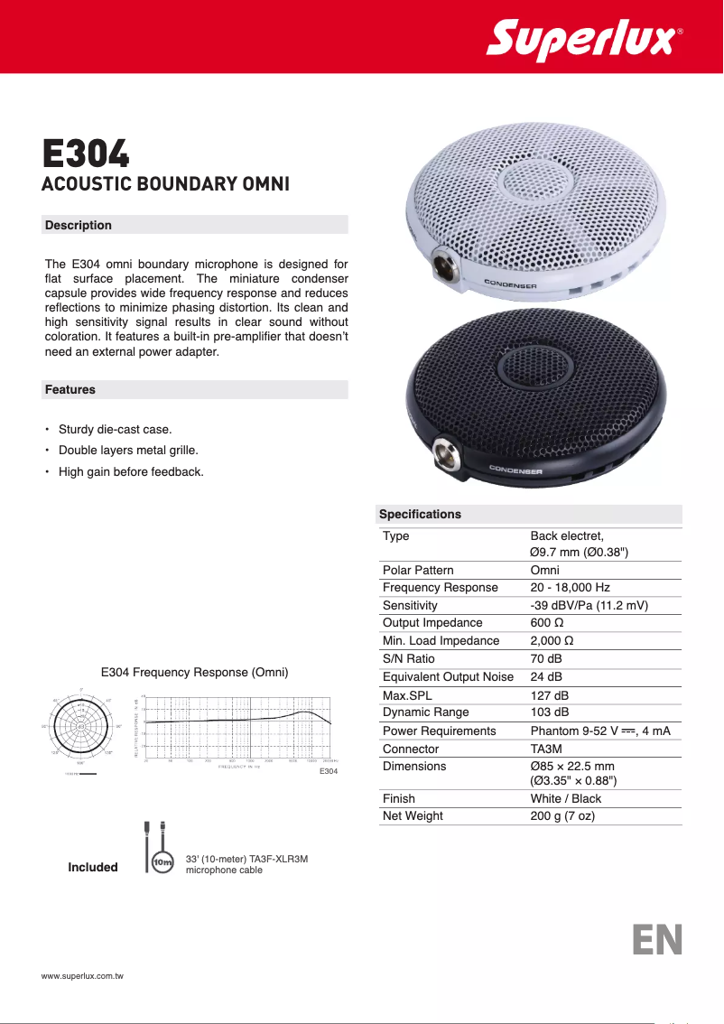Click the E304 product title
click(87, 154)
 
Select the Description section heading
click(79, 225)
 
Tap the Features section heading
click(70, 390)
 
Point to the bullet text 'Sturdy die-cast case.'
click(115, 429)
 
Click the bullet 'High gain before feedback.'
click(131, 471)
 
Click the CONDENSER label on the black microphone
click(515, 470)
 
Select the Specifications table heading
click(420, 515)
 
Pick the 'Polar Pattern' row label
click(418, 570)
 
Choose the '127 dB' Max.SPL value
click(549, 695)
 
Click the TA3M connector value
click(547, 749)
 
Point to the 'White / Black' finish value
click(565, 798)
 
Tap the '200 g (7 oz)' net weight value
click(562, 816)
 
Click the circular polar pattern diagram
click(80, 726)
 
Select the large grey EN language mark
click(656, 939)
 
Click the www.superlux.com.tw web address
click(82, 977)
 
